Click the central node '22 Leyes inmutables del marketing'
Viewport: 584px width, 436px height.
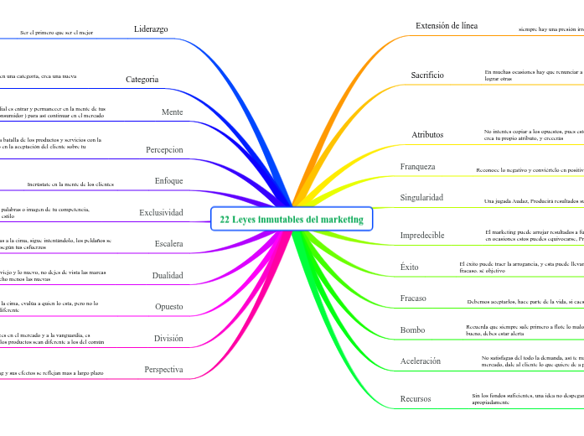pos(292,220)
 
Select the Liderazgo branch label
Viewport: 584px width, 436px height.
pos(151,29)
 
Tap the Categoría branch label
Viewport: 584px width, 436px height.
pos(142,80)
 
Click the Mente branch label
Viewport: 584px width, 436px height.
pos(172,112)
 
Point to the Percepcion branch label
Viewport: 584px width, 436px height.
pos(164,149)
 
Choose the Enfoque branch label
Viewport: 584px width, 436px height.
pos(168,181)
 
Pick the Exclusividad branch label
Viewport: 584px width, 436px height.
pos(161,212)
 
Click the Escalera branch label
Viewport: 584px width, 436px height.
pos(168,244)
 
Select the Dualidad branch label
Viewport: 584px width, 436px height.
pos(168,275)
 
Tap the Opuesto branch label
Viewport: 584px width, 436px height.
pos(168,307)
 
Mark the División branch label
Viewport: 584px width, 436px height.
pos(168,339)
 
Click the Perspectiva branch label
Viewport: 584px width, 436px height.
pos(163,370)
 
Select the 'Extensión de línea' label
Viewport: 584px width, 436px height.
pos(447,26)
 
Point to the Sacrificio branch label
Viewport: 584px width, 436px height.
pos(427,75)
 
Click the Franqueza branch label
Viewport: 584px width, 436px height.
pos(418,166)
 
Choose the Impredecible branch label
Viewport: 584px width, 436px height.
pos(422,236)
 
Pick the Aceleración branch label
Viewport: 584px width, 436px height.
pos(421,361)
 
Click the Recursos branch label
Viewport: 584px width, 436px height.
pos(416,398)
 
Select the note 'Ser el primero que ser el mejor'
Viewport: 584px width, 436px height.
pos(56,33)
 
